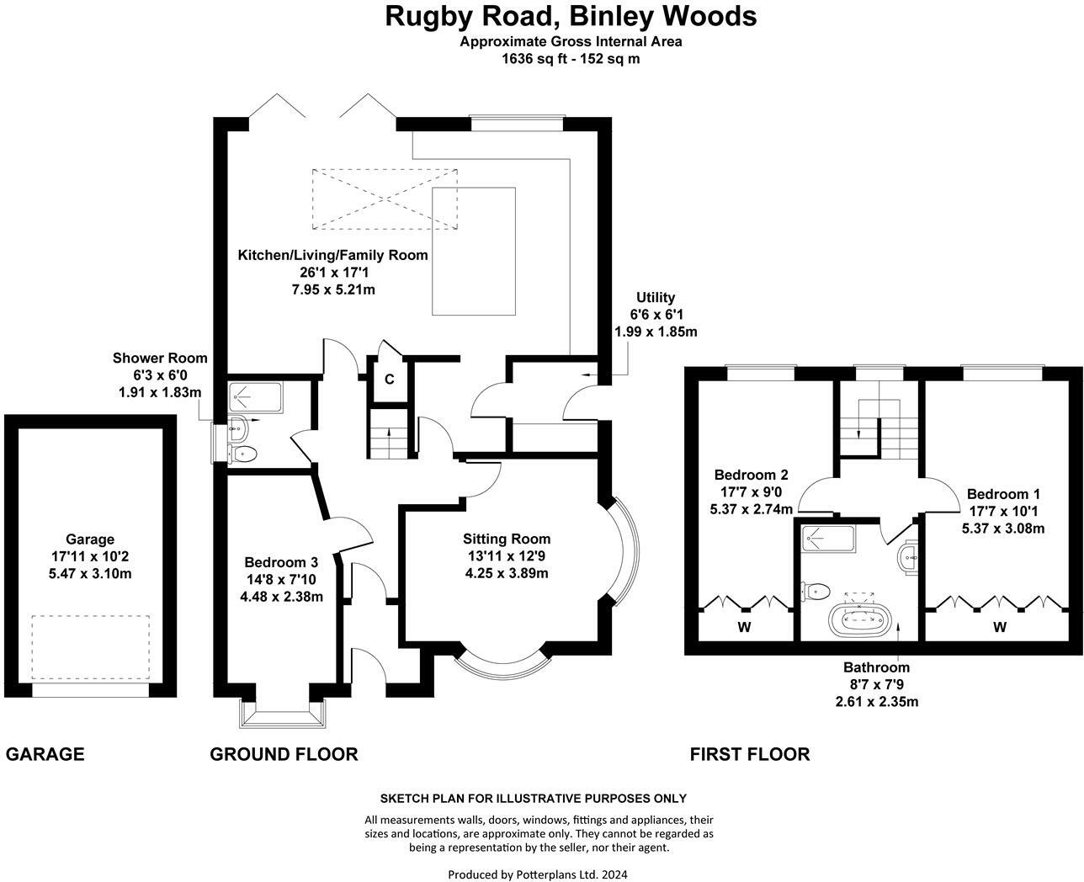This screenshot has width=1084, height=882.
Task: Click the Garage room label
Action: pyautogui.click(x=90, y=539)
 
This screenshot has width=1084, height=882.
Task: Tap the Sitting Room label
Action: pyautogui.click(x=507, y=539)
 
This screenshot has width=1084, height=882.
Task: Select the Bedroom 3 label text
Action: pyautogui.click(x=281, y=562)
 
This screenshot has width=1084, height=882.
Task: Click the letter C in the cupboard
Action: pyautogui.click(x=390, y=380)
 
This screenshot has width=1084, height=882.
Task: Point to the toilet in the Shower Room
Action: pyautogui.click(x=242, y=454)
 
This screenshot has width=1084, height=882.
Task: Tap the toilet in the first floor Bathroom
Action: pyautogui.click(x=816, y=592)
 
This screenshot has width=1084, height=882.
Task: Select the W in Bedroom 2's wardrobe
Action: pyautogui.click(x=744, y=627)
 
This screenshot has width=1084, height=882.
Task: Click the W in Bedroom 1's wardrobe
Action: pyautogui.click(x=1000, y=627)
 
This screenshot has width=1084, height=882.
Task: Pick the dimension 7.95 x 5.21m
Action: pyautogui.click(x=333, y=290)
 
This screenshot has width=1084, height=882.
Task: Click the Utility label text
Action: pyautogui.click(x=656, y=297)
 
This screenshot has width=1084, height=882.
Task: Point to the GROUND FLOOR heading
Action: pyautogui.click(x=284, y=754)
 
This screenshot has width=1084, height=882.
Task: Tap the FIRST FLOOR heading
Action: pyautogui.click(x=750, y=754)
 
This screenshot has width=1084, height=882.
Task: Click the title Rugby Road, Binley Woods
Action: pyautogui.click(x=571, y=16)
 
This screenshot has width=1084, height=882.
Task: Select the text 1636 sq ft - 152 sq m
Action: pyautogui.click(x=571, y=59)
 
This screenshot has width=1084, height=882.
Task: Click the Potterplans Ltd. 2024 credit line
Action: pyautogui.click(x=538, y=874)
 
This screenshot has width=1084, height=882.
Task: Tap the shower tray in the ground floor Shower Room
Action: pyautogui.click(x=255, y=397)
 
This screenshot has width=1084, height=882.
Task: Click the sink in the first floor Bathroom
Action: pyautogui.click(x=908, y=560)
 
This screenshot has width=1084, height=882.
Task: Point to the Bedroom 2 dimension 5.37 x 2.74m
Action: pyautogui.click(x=752, y=509)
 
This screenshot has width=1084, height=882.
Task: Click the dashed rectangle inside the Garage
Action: pyautogui.click(x=91, y=647)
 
